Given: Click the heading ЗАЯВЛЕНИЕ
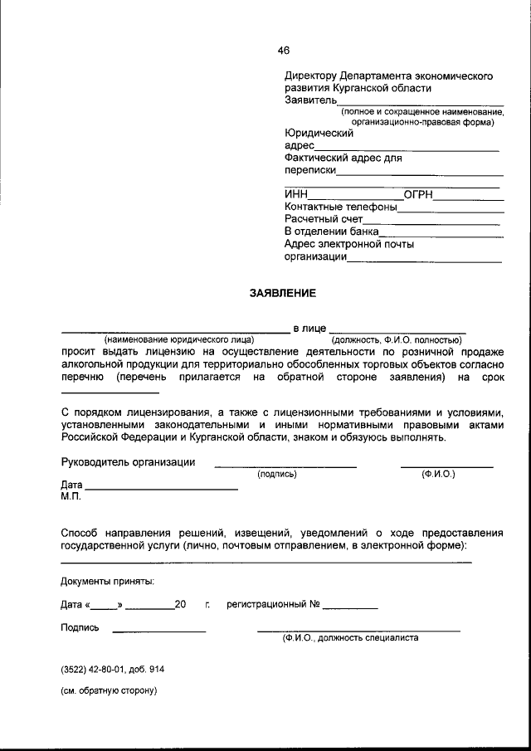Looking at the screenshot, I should point(284,293).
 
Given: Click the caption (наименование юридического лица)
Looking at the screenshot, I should point(178,340).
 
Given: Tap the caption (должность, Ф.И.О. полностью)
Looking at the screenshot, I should point(396,340).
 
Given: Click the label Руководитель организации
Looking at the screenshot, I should point(129,462).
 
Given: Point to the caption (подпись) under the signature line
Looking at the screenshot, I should point(277,475).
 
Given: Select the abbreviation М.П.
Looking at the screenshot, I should point(71,496).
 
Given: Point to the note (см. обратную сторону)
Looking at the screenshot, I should point(109,690).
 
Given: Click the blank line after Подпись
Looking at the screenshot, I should point(158,632).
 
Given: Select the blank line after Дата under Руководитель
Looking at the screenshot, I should point(162,489).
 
